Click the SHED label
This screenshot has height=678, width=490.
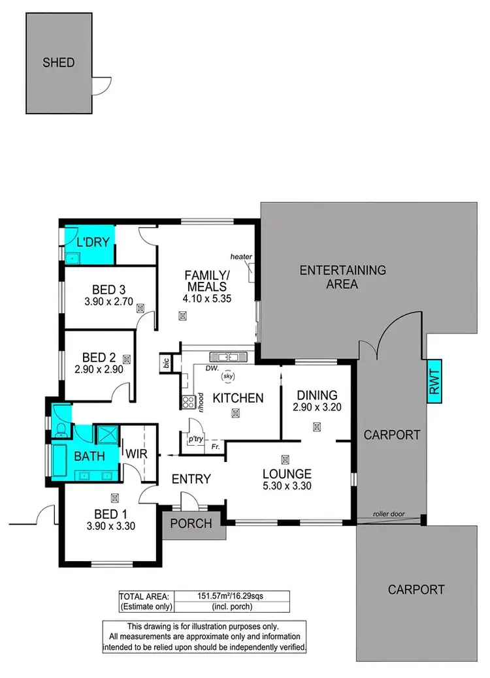[x=59, y=63]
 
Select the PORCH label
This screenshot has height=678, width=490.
[x=190, y=523]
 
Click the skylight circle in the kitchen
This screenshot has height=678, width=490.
[x=228, y=377]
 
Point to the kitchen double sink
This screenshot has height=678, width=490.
[x=227, y=357]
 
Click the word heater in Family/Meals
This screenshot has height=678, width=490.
[x=241, y=257]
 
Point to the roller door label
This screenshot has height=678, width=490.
[x=388, y=514]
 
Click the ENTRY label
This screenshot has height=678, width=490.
[x=191, y=480]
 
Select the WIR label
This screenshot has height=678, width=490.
[x=137, y=453]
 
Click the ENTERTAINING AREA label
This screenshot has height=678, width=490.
[x=343, y=277]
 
